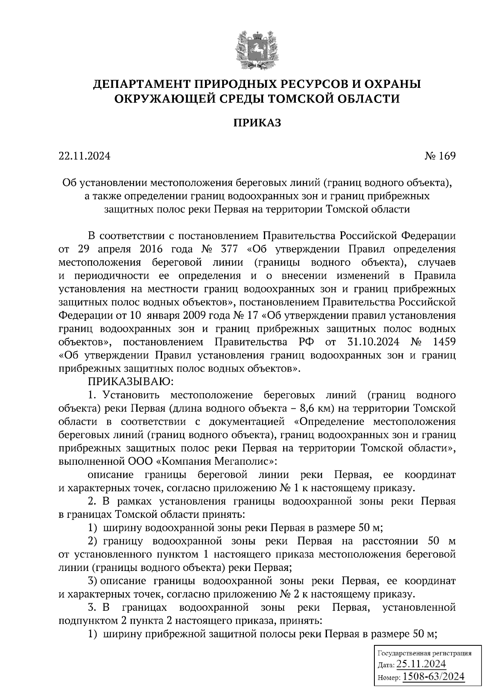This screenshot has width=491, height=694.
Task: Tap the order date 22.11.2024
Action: click(85, 156)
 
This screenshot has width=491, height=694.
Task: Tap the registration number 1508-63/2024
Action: click(434, 677)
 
